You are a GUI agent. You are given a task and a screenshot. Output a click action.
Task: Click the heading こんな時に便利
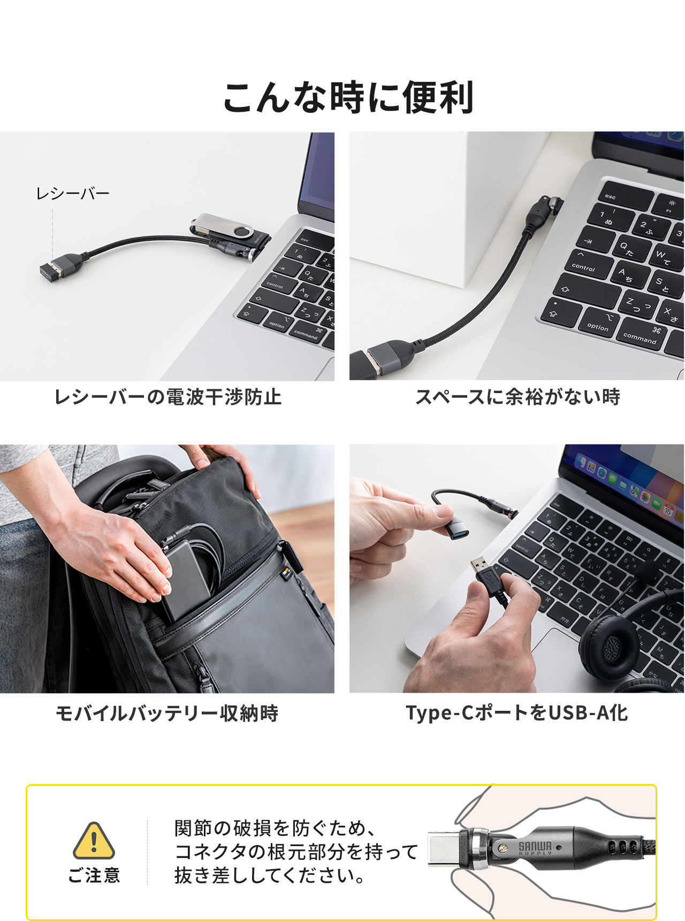pos(348,97)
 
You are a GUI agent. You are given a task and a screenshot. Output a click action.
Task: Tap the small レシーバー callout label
pos(73,194)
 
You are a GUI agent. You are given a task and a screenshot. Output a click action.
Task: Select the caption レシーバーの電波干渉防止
pos(168,397)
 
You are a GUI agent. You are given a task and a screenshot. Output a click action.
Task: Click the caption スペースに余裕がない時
pos(517,397)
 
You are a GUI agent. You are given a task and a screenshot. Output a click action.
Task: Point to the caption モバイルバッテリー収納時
pos(167,713)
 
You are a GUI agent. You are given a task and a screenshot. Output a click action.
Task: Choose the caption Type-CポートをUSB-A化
pos(516,713)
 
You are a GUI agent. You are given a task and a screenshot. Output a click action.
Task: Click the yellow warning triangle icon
pos(94,841)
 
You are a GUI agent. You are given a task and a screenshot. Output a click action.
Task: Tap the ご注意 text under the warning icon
pos(94,875)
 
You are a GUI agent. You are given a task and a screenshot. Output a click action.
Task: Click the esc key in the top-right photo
pos(611,197)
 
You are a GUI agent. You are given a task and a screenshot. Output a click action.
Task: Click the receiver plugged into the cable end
pos(54,273)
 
